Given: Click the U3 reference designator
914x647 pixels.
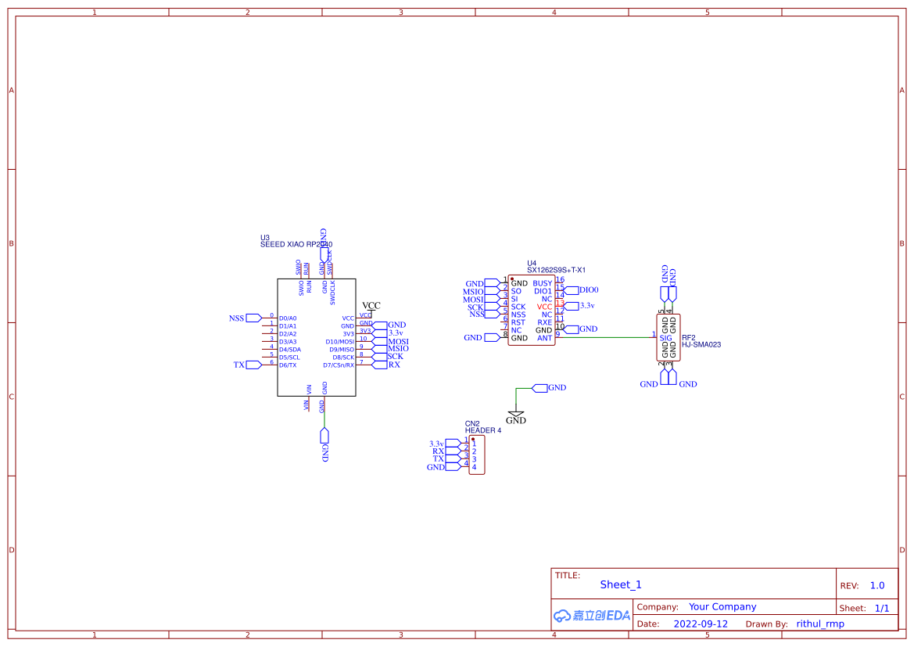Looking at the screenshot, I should [265, 237].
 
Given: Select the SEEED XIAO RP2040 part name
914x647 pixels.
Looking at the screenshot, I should [296, 245].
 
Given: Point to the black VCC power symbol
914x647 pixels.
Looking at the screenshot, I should [371, 306].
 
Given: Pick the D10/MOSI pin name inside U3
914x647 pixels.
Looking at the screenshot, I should [339, 342].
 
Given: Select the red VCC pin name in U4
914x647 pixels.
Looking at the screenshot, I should [544, 307].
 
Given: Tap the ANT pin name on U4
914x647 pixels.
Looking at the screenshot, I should [544, 338].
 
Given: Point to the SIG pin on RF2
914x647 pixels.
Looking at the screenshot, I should [665, 338].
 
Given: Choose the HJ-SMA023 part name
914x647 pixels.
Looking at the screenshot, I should [701, 344].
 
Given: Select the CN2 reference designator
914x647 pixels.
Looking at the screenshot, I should [472, 423].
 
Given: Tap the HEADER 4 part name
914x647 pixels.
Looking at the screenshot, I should [483, 430].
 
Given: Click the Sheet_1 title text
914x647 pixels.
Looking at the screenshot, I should [621, 584].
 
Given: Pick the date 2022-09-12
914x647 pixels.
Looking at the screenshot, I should [701, 624].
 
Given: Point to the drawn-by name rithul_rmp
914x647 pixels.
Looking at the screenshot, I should [819, 624].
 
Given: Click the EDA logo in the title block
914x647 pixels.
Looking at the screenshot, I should [591, 616].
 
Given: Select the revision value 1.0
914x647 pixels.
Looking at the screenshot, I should [876, 585].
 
